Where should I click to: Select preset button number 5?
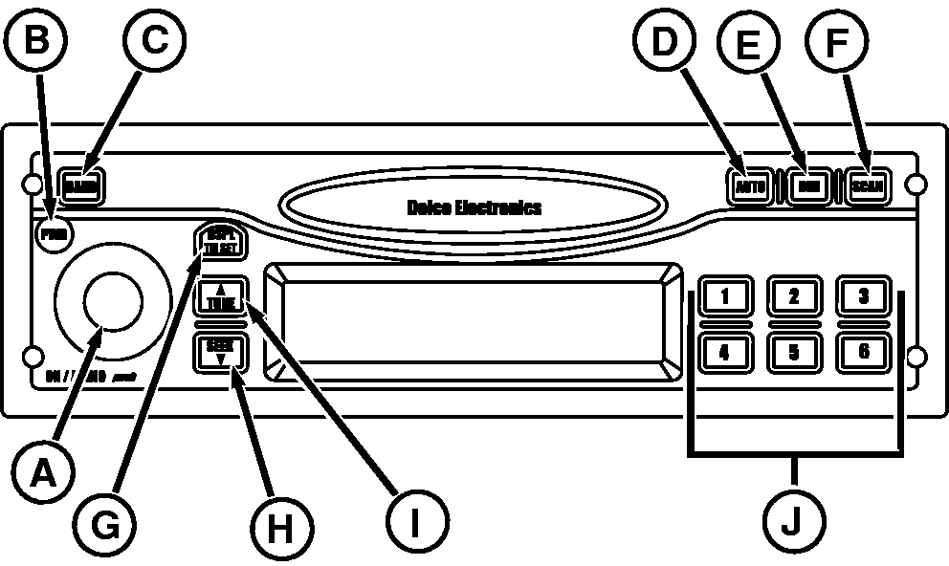793,352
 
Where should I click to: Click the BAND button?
80,184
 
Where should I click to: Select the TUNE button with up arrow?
221,297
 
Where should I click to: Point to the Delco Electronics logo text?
474,207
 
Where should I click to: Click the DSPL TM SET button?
221,243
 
